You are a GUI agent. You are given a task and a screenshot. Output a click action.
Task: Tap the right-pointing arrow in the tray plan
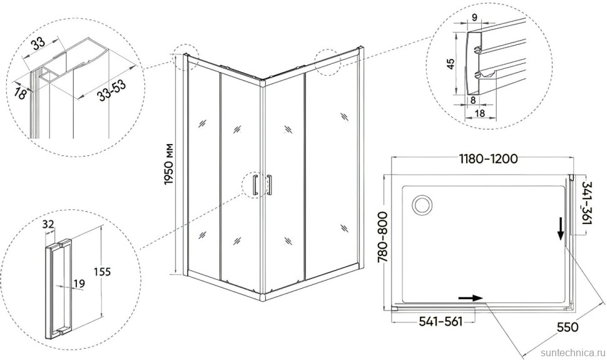click(471, 298)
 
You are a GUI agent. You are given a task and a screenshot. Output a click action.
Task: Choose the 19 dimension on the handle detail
click(79, 284)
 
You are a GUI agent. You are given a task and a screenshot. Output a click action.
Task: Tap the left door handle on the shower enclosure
click(253, 186)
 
